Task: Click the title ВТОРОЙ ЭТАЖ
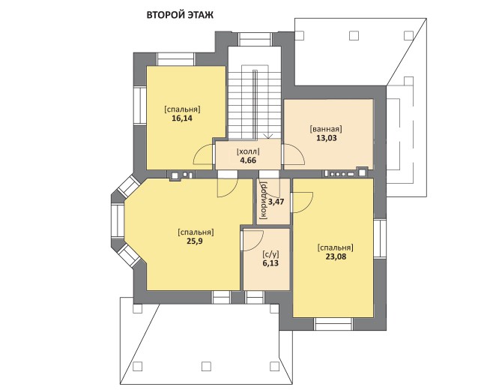coord(180,15)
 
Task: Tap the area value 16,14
coord(182,118)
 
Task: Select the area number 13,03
coord(327,138)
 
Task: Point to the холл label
coord(248,151)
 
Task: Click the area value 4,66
coord(248,160)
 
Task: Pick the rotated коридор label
coord(263,200)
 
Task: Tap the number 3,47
coord(276,202)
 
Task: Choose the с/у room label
coord(271,254)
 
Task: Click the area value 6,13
coord(271,263)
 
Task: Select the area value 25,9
coord(195,241)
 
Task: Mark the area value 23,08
coord(336,256)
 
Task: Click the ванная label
coord(326,129)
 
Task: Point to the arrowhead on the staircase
coord(268,136)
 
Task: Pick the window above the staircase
coord(255,40)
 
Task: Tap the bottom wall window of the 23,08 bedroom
coord(333,324)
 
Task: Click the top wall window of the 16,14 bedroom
coord(176,59)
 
